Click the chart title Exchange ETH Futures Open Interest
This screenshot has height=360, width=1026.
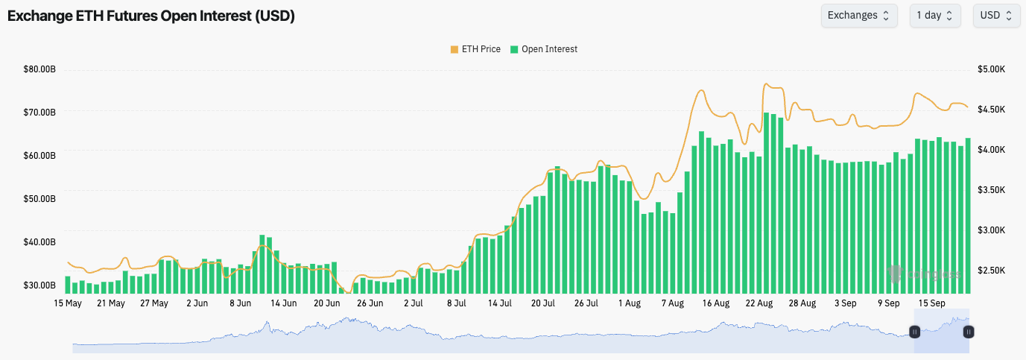[151, 16]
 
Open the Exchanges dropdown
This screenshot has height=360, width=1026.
[859, 16]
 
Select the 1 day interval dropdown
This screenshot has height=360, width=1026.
[934, 16]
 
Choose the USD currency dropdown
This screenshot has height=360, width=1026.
[996, 16]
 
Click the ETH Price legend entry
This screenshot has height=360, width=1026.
[475, 49]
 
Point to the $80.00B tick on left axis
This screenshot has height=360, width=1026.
[40, 70]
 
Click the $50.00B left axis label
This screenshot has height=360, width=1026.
[40, 199]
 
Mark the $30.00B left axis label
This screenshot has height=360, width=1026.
[40, 285]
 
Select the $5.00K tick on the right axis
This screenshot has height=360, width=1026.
[992, 69]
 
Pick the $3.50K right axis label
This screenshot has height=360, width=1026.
[992, 190]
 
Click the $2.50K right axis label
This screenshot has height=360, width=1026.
[992, 271]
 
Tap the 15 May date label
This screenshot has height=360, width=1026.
[68, 303]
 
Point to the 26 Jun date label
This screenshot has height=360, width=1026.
[370, 303]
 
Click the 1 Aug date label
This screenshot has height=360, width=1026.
[630, 303]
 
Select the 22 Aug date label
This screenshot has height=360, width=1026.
[759, 303]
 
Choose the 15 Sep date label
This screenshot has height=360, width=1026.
[932, 303]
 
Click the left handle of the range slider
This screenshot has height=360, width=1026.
[914, 332]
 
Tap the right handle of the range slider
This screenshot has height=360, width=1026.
[969, 332]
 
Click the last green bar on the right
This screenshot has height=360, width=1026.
[968, 216]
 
